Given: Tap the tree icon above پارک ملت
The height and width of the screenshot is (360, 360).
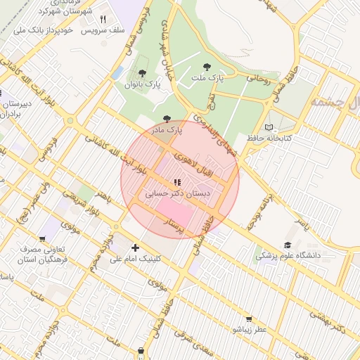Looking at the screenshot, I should [205, 67].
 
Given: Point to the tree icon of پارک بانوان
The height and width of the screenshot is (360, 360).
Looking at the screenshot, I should [143, 73].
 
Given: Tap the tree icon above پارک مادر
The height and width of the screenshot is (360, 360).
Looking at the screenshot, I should [166, 119].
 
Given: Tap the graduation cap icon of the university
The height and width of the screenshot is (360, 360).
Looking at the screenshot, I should [287, 244].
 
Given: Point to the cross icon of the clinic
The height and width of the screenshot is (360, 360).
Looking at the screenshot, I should [135, 247].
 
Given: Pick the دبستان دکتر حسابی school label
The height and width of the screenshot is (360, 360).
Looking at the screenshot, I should [177, 192].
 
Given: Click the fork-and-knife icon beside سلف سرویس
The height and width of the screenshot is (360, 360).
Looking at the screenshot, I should [103, 20].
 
